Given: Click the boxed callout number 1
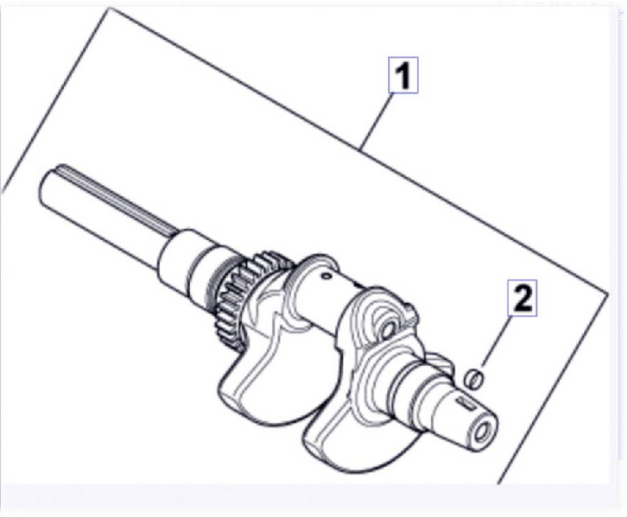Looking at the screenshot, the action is point(403,75).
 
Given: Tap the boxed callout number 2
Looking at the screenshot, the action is point(523,298).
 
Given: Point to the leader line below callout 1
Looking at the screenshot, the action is point(375,121).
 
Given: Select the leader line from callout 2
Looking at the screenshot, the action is point(497,341).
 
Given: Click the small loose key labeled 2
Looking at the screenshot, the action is point(473,378).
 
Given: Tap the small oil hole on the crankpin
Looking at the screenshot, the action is point(326,275).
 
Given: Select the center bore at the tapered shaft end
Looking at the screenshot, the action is point(482,431).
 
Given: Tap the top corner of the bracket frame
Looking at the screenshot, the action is point(108,9).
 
